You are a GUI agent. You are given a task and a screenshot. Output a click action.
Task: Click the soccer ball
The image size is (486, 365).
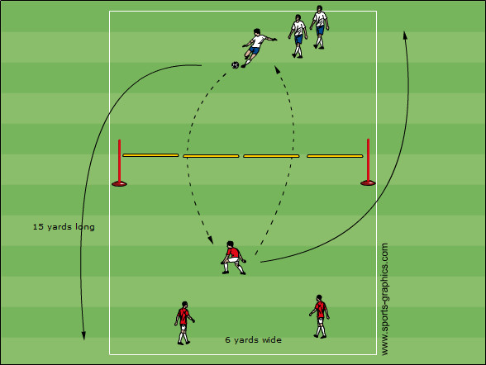click(x=236, y=65)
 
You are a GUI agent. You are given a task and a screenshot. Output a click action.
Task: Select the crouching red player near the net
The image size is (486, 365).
click(x=233, y=258)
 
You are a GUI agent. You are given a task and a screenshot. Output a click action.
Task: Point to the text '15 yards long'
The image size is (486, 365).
click(x=64, y=227)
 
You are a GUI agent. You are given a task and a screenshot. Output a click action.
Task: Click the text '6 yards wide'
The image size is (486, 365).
click(x=253, y=340)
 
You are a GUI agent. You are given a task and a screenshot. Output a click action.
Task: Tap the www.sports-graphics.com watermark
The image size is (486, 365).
click(x=384, y=299)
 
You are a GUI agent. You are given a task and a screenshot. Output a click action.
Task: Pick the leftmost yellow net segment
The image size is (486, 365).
click(x=150, y=155)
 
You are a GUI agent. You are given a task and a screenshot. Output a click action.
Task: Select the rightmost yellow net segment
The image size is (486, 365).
click(x=335, y=156)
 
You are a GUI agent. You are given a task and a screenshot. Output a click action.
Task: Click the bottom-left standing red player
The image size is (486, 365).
click(x=183, y=323)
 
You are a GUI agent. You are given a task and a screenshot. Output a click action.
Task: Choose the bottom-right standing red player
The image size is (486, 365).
click(x=320, y=316)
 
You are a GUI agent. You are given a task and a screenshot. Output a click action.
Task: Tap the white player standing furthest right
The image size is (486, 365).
click(x=320, y=27)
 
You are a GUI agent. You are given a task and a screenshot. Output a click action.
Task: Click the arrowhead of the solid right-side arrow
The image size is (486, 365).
click(x=405, y=35)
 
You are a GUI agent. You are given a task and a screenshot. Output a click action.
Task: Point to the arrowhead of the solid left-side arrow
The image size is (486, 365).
click(x=83, y=335)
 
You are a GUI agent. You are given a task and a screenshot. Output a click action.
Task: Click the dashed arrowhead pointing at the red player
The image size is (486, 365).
click(x=211, y=240)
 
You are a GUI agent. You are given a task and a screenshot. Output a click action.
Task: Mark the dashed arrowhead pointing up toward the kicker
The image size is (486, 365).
click(x=277, y=69)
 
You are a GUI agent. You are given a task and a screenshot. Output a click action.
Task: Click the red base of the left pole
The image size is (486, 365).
click(x=119, y=184)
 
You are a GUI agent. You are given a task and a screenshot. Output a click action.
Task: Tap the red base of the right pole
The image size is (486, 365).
click(x=369, y=183)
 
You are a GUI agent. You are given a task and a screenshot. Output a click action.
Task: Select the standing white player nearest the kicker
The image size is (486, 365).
click(x=298, y=36)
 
